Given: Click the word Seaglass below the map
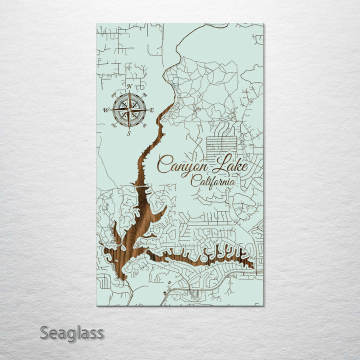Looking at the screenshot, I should (x=71, y=332).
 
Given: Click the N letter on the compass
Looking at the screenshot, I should (x=129, y=87).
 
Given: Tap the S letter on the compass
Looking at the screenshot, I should (x=129, y=133).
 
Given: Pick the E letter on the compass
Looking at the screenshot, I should (x=151, y=110).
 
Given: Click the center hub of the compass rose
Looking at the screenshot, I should (x=129, y=110).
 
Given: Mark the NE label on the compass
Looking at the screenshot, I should (x=144, y=94).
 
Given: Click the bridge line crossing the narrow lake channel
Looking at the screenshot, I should (x=141, y=185).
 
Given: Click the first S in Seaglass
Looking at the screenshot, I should (x=44, y=332).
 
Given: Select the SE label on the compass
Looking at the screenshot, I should (x=144, y=125).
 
